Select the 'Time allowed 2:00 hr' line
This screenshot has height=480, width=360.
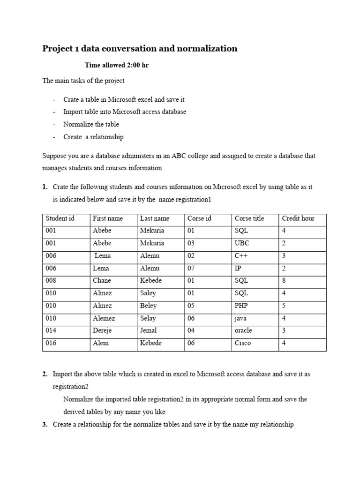(116, 65)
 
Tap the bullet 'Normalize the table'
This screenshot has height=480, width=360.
(91, 124)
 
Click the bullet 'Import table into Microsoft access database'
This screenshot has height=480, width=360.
(125, 112)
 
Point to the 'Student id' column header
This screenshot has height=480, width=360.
(60, 218)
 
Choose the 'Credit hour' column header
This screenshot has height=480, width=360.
(298, 218)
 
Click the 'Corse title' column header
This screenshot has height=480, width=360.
(249, 218)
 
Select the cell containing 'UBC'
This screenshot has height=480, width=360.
(242, 243)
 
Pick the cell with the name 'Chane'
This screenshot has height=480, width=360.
(102, 281)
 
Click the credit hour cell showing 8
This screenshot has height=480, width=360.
(284, 281)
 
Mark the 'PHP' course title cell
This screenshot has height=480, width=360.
(241, 306)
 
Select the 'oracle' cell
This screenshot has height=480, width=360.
(243, 330)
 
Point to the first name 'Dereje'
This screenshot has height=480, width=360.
(103, 330)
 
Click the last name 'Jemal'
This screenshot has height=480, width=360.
(150, 330)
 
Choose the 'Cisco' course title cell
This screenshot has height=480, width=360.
(243, 343)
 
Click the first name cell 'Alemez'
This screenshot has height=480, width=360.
(104, 318)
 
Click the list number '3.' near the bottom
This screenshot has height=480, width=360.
(45, 425)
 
